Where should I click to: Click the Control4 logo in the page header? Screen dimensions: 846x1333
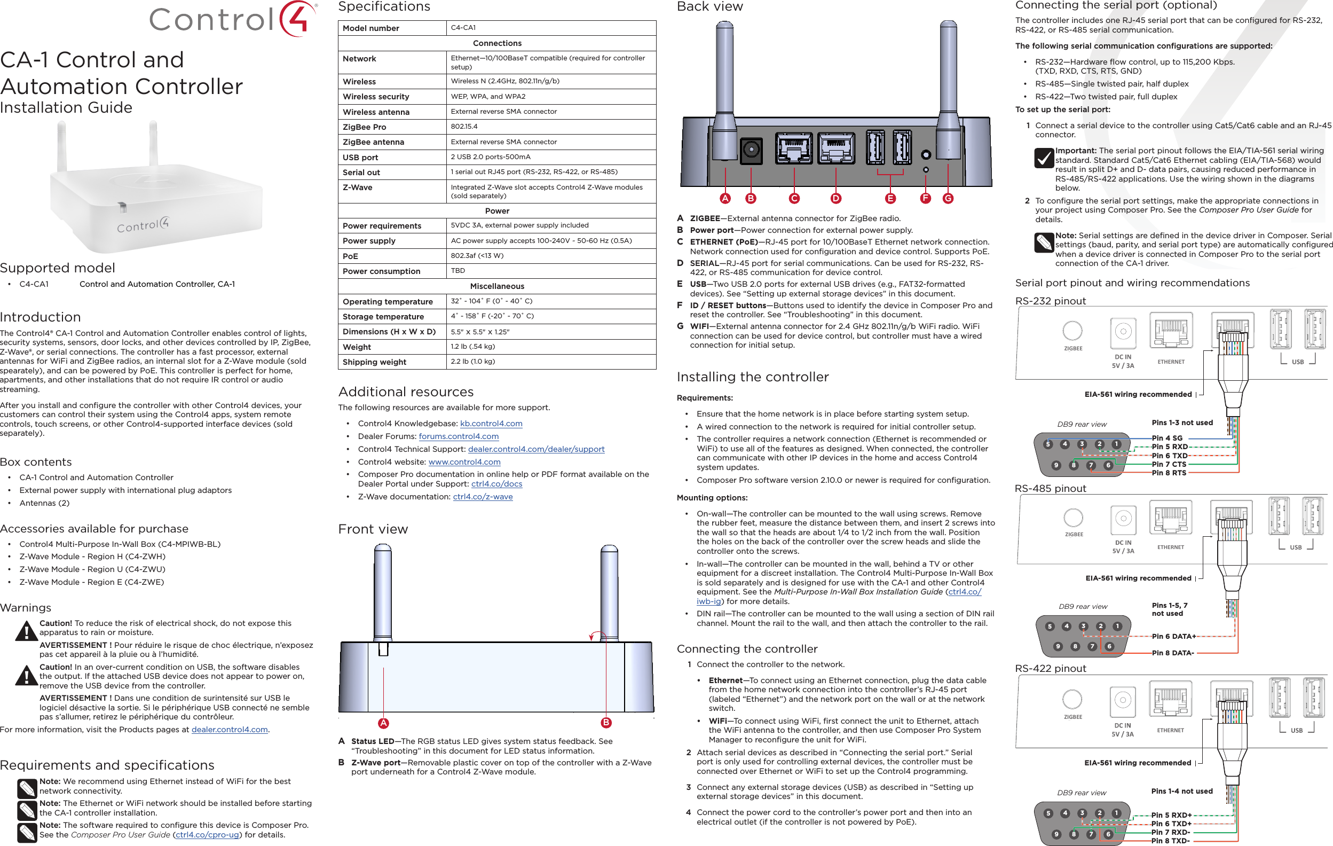233,19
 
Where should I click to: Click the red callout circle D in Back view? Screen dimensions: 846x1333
835,198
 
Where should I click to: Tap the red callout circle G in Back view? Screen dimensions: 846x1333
948,198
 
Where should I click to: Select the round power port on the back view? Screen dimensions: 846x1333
751,150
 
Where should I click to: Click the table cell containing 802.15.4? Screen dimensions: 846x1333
464,127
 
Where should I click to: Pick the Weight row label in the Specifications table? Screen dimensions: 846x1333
357,347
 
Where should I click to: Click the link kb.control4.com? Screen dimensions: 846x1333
491,424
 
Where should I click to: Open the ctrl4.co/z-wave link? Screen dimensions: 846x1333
483,497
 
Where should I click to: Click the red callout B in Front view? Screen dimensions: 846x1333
605,723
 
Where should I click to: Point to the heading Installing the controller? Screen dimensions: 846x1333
752,377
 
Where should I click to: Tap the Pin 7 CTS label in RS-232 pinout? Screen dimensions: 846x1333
1169,464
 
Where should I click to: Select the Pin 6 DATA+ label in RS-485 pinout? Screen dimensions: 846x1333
1173,636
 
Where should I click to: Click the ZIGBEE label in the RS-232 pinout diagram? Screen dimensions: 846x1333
1073,349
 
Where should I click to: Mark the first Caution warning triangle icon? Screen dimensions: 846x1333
26,631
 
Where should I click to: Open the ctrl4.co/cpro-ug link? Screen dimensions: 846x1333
208,835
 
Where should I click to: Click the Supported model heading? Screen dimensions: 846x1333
58,268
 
